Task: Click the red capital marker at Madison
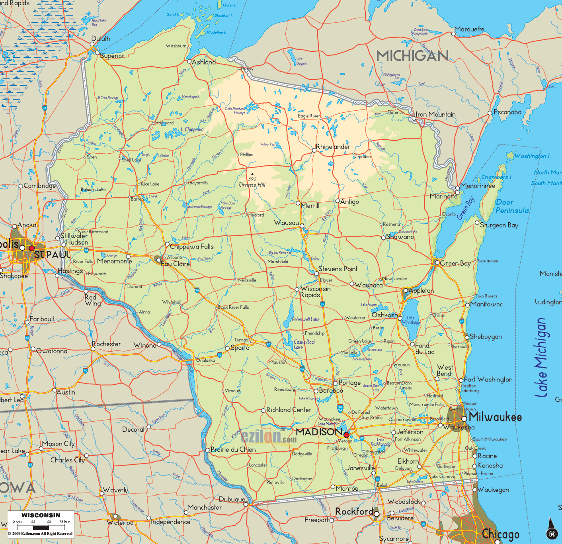pyautogui.click(x=346, y=435)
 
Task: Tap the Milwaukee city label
pyautogui.click(x=495, y=417)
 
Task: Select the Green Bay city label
pyautogui.click(x=455, y=263)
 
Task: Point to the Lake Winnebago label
pyautogui.click(x=411, y=320)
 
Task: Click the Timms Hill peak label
pyautogui.click(x=252, y=185)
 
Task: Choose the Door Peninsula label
pyautogui.click(x=512, y=206)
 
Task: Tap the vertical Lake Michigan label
pyautogui.click(x=541, y=357)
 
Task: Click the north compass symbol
pyautogui.click(x=552, y=529)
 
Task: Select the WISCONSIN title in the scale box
pyautogui.click(x=41, y=515)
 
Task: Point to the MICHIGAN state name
pyautogui.click(x=412, y=56)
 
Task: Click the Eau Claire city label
pyautogui.click(x=175, y=264)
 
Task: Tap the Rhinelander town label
pyautogui.click(x=333, y=147)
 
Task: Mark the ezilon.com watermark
pyautogui.click(x=269, y=437)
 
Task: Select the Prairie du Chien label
pyautogui.click(x=233, y=450)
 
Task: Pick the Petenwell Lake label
pyautogui.click(x=306, y=319)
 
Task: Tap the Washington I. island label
pyautogui.click(x=533, y=156)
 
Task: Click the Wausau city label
pyautogui.click(x=286, y=223)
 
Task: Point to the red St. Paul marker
pyautogui.click(x=32, y=248)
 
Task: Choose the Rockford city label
pyautogui.click(x=354, y=511)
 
